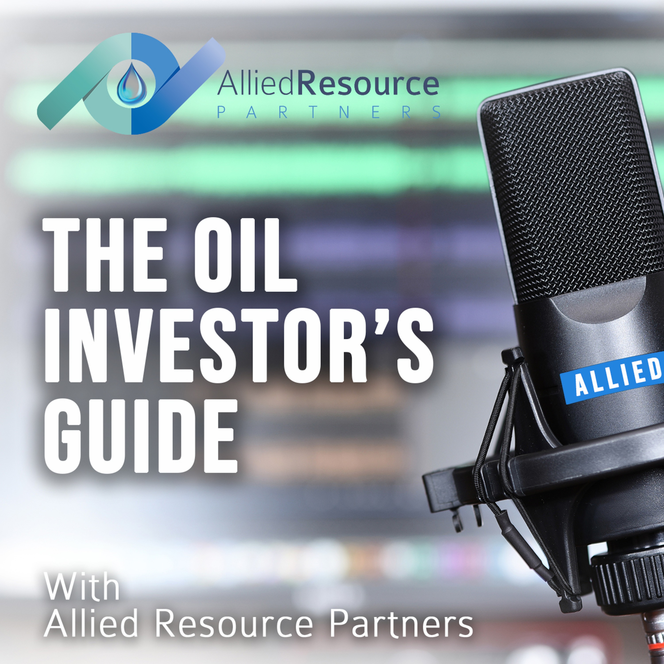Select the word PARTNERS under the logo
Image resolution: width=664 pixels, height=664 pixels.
click(x=328, y=113)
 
